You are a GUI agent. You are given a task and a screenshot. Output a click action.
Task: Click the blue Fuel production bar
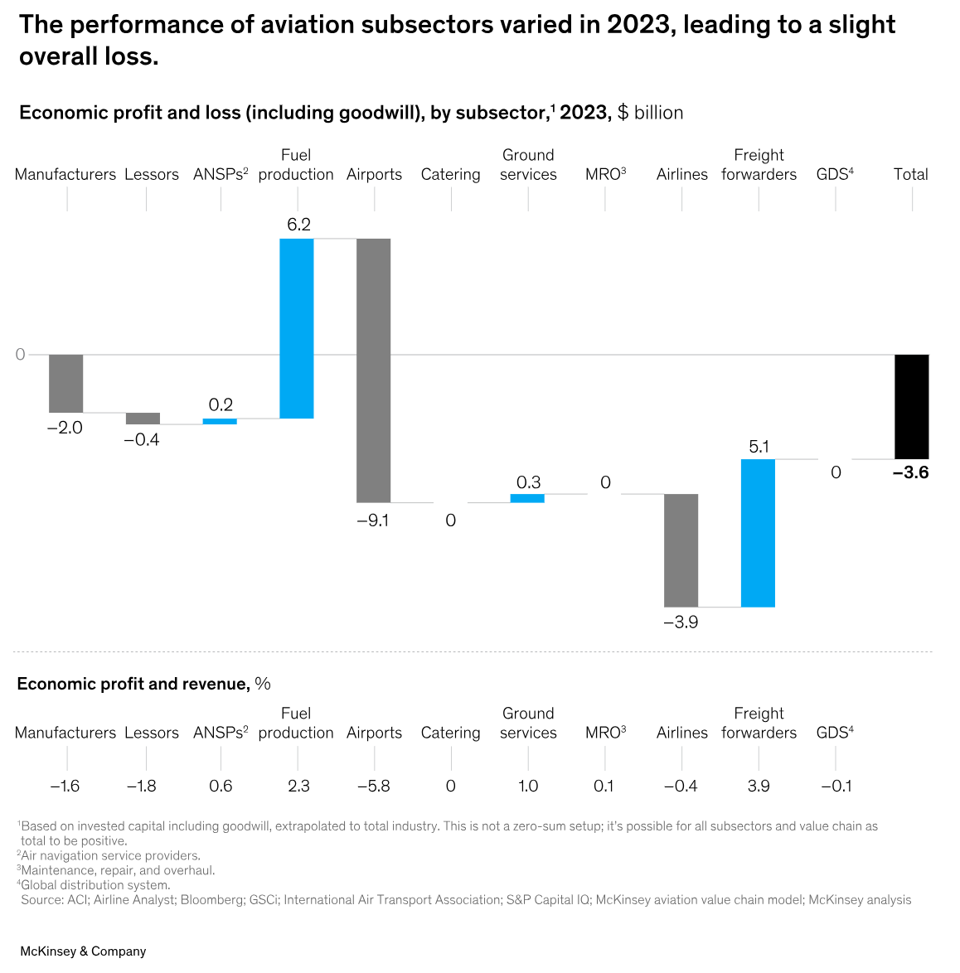pos(297,328)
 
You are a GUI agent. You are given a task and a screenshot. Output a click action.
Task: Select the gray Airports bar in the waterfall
pos(373,370)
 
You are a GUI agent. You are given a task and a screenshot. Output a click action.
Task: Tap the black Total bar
pos(911,406)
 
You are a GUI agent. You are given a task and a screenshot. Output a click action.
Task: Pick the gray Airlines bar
pos(681,550)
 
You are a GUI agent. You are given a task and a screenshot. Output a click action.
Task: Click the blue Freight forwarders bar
pos(758,533)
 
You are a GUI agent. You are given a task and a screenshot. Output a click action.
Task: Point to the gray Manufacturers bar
pos(65,383)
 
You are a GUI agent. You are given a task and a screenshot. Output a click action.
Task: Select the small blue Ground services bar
pos(527,498)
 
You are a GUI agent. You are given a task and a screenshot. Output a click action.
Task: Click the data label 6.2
pos(298,225)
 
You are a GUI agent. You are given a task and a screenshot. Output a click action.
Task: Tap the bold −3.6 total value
pos(910,473)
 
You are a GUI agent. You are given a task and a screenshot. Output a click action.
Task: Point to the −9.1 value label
pos(373,520)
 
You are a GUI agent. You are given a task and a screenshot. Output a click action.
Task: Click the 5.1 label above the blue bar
pos(759,447)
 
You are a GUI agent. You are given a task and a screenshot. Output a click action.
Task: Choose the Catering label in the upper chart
pos(450,175)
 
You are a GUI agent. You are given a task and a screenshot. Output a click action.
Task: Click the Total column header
pos(910,175)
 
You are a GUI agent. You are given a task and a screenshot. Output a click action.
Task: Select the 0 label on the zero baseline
pos(21,355)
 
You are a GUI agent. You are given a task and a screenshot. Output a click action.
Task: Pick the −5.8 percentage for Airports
pos(373,786)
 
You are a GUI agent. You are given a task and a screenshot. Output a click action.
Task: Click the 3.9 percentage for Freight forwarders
pos(759,786)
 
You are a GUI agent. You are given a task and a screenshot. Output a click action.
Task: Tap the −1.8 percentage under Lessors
pos(141,786)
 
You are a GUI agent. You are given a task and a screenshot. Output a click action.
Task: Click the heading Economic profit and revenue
pos(133,684)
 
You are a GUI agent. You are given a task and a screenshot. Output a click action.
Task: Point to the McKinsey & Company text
pos(83,951)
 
